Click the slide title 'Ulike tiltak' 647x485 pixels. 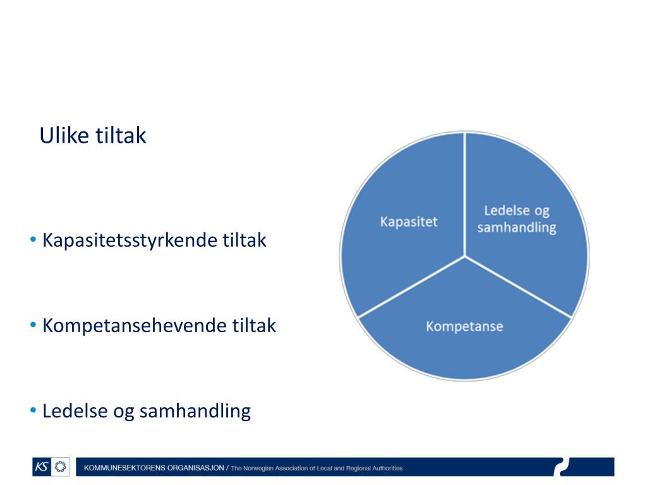pyautogui.click(x=93, y=135)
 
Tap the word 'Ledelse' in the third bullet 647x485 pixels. pyautogui.click(x=75, y=410)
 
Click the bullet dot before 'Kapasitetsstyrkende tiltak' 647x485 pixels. pyautogui.click(x=33, y=239)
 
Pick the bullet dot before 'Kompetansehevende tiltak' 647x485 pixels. pyautogui.click(x=33, y=325)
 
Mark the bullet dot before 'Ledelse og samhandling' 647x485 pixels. pyautogui.click(x=33, y=410)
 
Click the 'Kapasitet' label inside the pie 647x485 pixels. pyautogui.click(x=409, y=222)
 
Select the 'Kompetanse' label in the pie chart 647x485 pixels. pyautogui.click(x=464, y=326)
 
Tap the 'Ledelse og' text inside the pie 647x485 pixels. pyautogui.click(x=517, y=211)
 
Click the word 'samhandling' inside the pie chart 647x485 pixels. pyautogui.click(x=517, y=227)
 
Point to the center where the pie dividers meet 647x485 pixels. pyautogui.click(x=464, y=256)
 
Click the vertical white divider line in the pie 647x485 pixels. pyautogui.click(x=464, y=195)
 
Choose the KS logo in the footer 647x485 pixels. pyautogui.click(x=42, y=467)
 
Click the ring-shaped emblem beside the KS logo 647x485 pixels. pyautogui.click(x=60, y=467)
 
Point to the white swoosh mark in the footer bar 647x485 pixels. pyautogui.click(x=562, y=467)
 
